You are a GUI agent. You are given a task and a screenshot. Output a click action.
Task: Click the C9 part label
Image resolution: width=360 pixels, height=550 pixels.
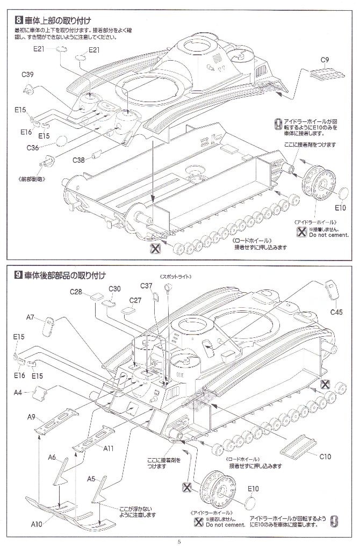click(325, 60)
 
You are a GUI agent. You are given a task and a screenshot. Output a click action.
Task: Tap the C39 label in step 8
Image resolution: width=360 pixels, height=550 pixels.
click(28, 74)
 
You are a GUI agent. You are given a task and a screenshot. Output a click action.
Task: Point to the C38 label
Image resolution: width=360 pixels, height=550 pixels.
click(78, 159)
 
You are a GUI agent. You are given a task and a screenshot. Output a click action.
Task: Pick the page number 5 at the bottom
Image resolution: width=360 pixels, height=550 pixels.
click(179, 541)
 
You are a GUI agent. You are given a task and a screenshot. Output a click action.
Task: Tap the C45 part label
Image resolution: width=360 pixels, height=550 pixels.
click(336, 312)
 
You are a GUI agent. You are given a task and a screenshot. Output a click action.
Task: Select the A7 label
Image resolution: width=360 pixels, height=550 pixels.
click(31, 317)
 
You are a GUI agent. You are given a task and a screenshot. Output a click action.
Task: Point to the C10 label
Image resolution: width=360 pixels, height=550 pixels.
click(325, 457)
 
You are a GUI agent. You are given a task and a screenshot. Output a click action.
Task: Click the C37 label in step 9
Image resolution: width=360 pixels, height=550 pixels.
click(147, 285)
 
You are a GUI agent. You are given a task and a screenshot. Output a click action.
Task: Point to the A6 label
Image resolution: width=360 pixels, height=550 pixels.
click(52, 457)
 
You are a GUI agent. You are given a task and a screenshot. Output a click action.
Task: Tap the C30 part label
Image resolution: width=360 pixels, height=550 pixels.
click(114, 288)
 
